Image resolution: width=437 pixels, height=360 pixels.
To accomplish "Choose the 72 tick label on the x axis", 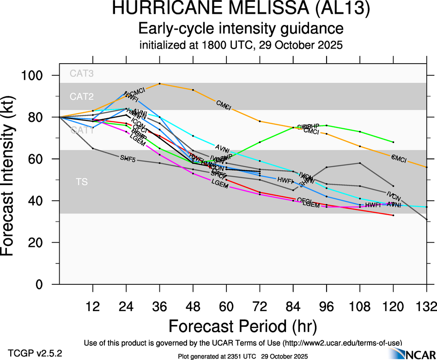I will coord(260,305).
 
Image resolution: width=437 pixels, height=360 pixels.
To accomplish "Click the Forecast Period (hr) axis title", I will coord(242,326).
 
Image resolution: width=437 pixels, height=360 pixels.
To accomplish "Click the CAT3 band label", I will coord(81,73).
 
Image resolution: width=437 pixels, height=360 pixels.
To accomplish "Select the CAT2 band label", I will coord(81,96).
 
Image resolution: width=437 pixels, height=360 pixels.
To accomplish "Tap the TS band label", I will coord(81,182).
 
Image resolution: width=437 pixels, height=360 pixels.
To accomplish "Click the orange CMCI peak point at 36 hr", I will coord(159,84).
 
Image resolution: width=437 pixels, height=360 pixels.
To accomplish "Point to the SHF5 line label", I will coord(127,158).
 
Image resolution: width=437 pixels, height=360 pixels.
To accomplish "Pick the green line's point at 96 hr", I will coord(327,126).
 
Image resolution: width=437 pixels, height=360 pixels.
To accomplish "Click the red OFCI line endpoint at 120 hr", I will coord(393,216).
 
